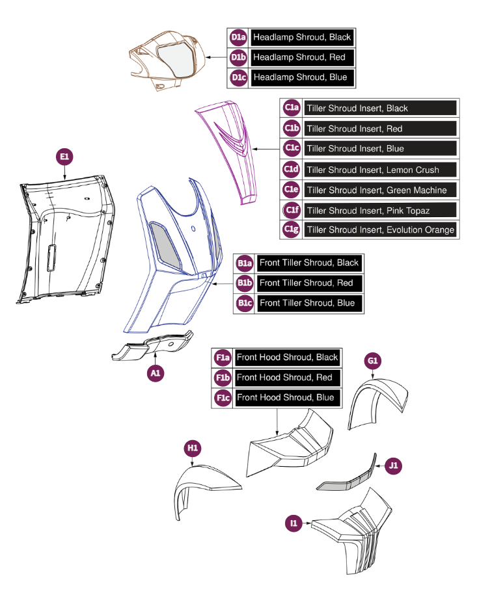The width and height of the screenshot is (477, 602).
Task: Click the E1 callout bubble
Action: (x=64, y=157)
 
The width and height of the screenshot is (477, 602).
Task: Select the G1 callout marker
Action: (x=373, y=361)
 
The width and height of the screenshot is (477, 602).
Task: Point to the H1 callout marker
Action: (x=193, y=448)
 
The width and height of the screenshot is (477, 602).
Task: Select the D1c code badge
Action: (x=238, y=77)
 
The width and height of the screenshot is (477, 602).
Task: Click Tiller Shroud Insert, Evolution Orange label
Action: (x=381, y=230)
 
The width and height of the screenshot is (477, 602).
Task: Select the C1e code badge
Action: (x=292, y=190)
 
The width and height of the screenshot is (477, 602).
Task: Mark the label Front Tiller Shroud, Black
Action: (x=308, y=263)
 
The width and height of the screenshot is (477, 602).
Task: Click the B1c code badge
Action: (x=245, y=304)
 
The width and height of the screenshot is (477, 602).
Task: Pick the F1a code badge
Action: (x=223, y=358)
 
